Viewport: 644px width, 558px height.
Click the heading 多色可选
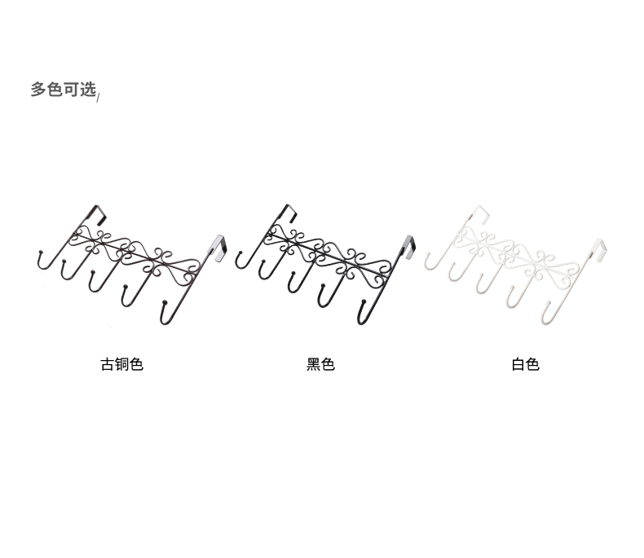pyautogui.click(x=64, y=90)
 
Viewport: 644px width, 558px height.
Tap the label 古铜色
pyautogui.click(x=121, y=364)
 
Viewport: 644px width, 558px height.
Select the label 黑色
pyautogui.click(x=320, y=364)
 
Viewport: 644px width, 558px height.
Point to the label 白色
pyautogui.click(x=525, y=364)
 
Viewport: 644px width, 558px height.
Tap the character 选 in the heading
pyautogui.click(x=88, y=90)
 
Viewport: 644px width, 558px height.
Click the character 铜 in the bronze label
pyautogui.click(x=121, y=364)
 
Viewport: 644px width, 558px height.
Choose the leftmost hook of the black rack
pyautogui.click(x=239, y=261)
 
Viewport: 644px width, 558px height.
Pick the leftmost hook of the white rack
pyautogui.click(x=428, y=261)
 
